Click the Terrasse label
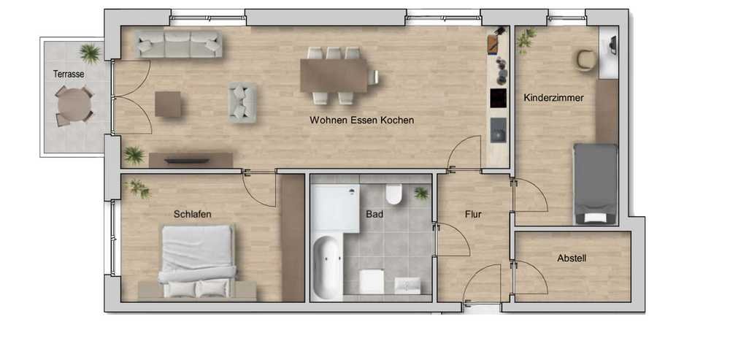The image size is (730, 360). (69, 74)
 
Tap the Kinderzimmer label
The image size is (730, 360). (553, 98)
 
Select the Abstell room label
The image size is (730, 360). (572, 258)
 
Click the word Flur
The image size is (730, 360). (473, 215)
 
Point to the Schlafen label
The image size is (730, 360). (193, 214)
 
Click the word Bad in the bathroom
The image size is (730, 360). (374, 215)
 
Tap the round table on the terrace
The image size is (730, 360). (74, 104)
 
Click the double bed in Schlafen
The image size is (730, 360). (197, 261)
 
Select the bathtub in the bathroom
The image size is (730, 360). (327, 267)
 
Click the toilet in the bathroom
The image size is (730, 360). (394, 195)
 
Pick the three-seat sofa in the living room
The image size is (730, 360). (179, 45)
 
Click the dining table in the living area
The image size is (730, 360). (334, 75)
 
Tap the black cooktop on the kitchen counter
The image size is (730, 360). (498, 99)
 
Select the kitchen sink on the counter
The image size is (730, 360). (498, 130)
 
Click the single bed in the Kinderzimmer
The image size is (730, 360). (596, 183)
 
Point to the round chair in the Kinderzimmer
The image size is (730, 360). (586, 61)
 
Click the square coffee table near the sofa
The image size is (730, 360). (168, 104)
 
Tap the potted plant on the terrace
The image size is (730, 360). (91, 53)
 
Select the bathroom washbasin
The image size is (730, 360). (407, 285)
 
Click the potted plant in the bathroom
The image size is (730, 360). (421, 193)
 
